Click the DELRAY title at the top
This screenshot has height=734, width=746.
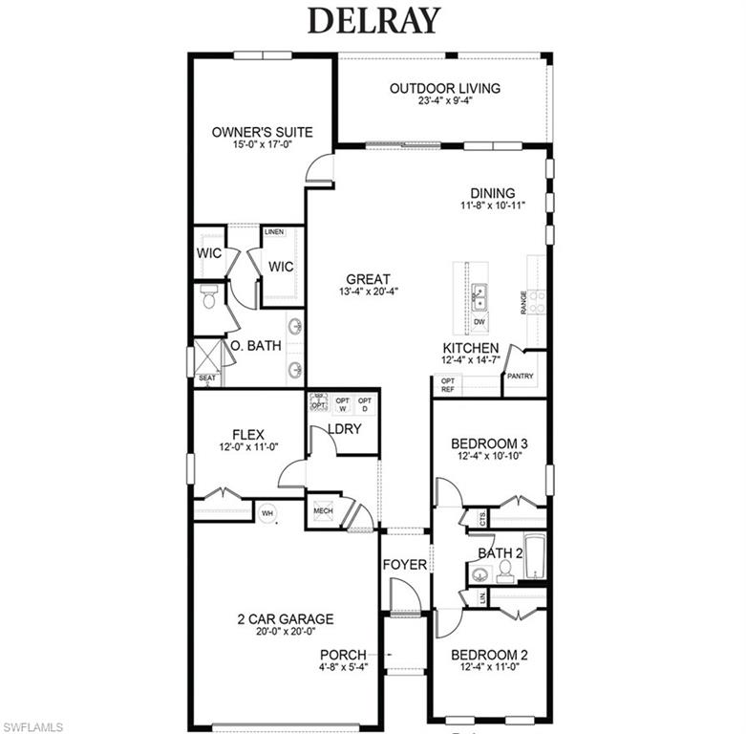(373, 20)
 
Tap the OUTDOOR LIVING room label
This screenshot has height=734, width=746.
(444, 89)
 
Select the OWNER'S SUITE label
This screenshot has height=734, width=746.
(262, 132)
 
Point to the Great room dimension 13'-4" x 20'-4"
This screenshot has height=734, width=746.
(369, 291)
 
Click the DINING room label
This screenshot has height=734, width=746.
(492, 192)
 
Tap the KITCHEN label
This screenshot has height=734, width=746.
(470, 348)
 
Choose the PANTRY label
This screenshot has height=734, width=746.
(520, 376)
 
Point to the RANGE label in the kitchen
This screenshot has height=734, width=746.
(524, 303)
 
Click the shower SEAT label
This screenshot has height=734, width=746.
(207, 378)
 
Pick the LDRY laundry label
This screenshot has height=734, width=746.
(344, 429)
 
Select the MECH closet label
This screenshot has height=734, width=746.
(323, 511)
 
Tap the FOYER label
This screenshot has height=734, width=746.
(405, 565)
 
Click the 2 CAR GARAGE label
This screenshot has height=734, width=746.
(286, 618)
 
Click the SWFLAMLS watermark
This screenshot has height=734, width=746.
(33, 726)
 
